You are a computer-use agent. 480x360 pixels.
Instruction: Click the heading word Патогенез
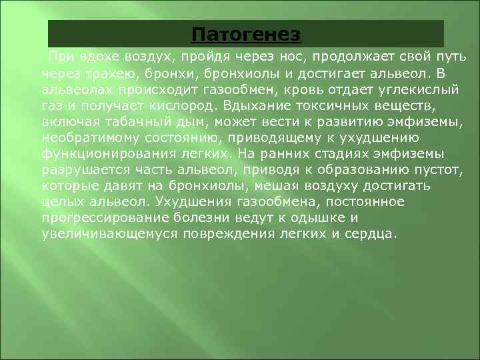[x=246, y=33]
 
